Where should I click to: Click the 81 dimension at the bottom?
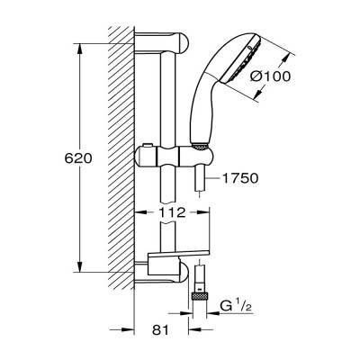(161, 330)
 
